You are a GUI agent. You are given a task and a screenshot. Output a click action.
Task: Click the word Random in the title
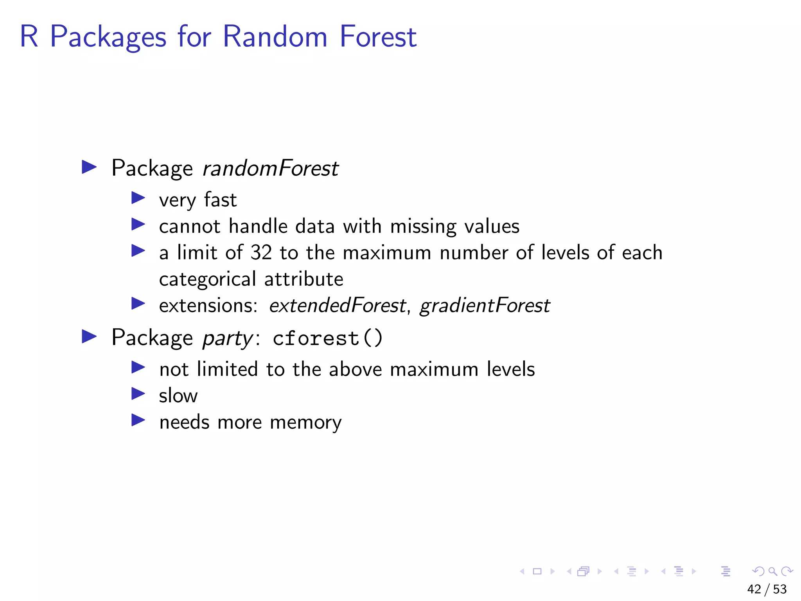[x=275, y=36]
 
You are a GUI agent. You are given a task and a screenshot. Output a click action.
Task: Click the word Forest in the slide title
[x=378, y=36]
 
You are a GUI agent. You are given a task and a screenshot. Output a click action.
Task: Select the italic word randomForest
[x=270, y=168]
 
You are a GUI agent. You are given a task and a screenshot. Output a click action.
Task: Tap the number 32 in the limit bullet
[x=261, y=252]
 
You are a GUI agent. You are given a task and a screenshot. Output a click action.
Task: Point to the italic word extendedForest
[x=338, y=305]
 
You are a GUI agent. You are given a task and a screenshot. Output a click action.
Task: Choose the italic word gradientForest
[x=485, y=305]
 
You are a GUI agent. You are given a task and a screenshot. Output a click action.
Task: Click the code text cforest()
[x=327, y=338]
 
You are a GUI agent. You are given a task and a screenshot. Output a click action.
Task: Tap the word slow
[x=178, y=396]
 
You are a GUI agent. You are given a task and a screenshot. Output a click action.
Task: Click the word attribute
[x=304, y=279]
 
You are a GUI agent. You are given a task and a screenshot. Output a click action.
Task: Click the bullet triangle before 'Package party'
[x=89, y=336]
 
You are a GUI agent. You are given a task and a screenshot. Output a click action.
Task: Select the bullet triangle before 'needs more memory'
[x=138, y=420]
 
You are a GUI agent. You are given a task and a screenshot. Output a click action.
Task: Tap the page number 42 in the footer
[x=754, y=589]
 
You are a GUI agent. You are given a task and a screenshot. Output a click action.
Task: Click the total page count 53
[x=780, y=589]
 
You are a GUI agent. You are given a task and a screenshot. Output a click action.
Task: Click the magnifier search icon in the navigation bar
[x=772, y=571]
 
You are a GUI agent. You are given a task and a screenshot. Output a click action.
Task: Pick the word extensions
[x=208, y=305]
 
